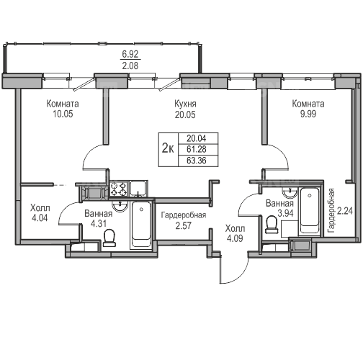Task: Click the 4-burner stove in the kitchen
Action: (x=118, y=189)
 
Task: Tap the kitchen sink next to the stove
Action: (x=138, y=189)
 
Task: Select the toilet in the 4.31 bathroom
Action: (x=109, y=238)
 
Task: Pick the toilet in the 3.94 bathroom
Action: (x=272, y=225)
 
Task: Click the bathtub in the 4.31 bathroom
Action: (x=141, y=224)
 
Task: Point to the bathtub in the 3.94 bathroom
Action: (x=310, y=211)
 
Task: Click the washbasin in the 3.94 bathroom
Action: (x=290, y=193)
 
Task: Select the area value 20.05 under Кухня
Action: (x=185, y=114)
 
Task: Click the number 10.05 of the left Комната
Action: (x=63, y=114)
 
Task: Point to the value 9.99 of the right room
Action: (x=308, y=114)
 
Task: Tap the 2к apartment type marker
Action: (x=168, y=148)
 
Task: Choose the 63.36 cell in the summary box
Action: (x=197, y=161)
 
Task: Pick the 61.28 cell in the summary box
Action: (x=197, y=149)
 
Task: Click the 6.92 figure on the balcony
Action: (x=130, y=54)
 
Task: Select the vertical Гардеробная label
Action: (x=331, y=210)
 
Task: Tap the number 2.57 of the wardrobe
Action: (x=184, y=225)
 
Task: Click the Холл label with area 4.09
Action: (x=235, y=228)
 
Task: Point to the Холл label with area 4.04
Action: (x=40, y=208)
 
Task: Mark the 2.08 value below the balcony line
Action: (x=130, y=66)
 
